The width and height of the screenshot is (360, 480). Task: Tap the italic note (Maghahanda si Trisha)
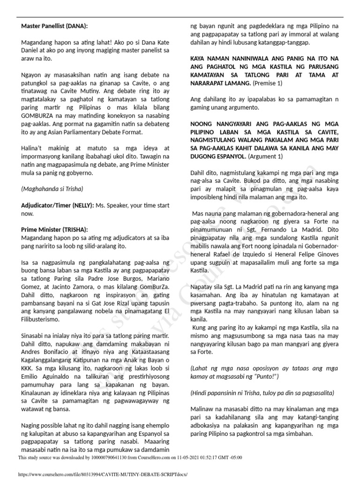(52, 189)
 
